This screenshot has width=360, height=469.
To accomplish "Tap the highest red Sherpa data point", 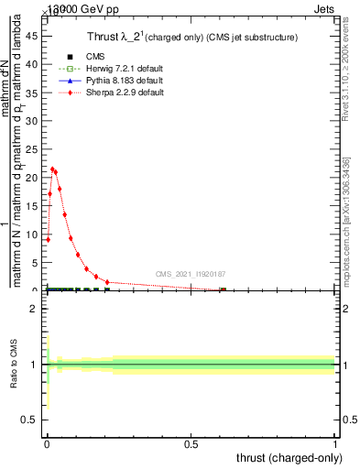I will (53, 169).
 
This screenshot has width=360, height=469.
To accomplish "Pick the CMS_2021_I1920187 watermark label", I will (191, 273).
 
